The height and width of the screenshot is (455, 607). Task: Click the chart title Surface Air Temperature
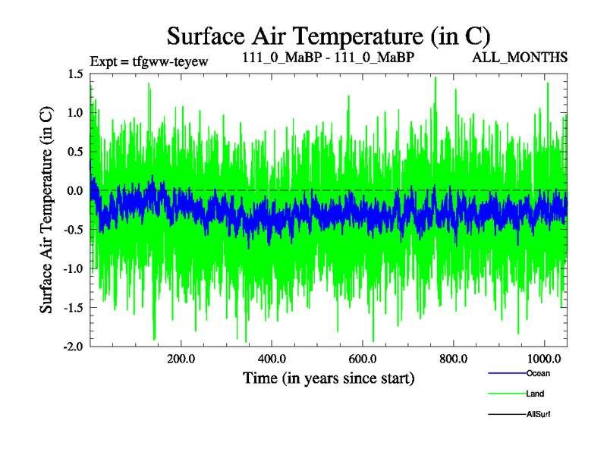coord(329,36)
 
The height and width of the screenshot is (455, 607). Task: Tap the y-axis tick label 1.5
coord(74,74)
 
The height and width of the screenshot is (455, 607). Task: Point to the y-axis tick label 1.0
coord(74,113)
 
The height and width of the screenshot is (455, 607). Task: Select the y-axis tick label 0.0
coord(74,191)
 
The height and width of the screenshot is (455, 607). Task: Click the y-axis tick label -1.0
coord(73,269)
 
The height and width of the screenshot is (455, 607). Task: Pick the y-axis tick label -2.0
coord(73,347)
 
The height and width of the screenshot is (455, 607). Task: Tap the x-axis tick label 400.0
coord(272,358)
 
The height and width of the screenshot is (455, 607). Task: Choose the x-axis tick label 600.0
coord(363,358)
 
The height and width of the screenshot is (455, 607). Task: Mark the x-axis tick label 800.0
coord(454,358)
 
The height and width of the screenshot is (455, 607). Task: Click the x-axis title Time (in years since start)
coord(329,377)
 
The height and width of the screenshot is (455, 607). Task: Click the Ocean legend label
coord(538,373)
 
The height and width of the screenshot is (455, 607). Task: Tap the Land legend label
coord(535,394)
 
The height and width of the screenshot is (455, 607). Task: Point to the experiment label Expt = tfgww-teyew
coord(149,60)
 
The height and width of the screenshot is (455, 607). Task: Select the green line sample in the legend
coord(505,394)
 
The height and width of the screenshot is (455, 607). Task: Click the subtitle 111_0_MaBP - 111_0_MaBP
coord(329,58)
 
